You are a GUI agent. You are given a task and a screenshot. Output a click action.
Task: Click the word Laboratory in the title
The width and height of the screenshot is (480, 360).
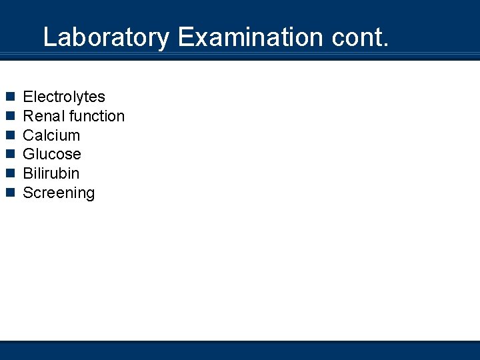106,37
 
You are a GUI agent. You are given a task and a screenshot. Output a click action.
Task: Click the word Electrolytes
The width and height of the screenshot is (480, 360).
64,97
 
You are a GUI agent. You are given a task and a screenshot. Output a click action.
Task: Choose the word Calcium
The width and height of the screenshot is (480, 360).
51,135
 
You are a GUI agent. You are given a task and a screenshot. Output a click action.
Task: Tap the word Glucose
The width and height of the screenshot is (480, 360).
52,155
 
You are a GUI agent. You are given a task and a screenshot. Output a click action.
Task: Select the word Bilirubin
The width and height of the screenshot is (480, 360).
51,173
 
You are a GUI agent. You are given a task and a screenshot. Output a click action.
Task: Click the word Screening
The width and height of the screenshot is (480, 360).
59,193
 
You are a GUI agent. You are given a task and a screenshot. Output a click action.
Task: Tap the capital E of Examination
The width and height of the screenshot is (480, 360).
186,37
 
